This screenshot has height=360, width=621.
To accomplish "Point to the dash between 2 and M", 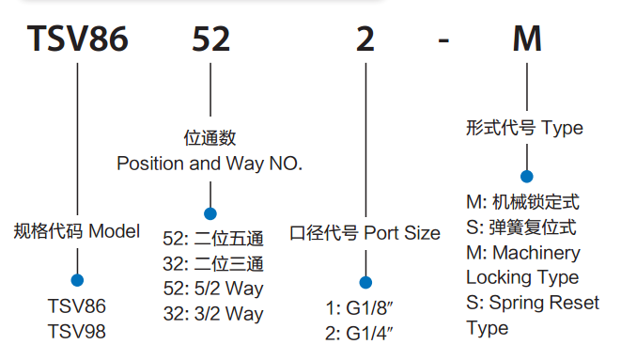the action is (x=447, y=43).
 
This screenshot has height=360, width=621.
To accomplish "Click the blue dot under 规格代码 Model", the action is (x=77, y=279).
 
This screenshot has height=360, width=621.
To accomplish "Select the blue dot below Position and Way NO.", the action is (x=210, y=214).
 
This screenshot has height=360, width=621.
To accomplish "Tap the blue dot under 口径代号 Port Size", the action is (x=365, y=282).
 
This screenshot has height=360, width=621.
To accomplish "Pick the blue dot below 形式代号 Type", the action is (x=527, y=176).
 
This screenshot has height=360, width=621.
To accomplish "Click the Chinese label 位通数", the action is (x=210, y=138).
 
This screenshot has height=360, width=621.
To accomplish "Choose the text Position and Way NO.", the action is (x=210, y=163).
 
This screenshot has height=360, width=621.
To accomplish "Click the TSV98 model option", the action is (x=77, y=332).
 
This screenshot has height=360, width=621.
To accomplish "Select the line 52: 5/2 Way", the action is (x=213, y=289).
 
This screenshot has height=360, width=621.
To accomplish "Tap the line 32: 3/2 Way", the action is (x=213, y=313).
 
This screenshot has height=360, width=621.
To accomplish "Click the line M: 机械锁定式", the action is (x=522, y=202).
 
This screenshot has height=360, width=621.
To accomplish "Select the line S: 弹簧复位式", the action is (x=520, y=227).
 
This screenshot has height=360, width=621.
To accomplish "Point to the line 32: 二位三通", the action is (x=213, y=263).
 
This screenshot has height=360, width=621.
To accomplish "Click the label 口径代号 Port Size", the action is (x=365, y=232).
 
